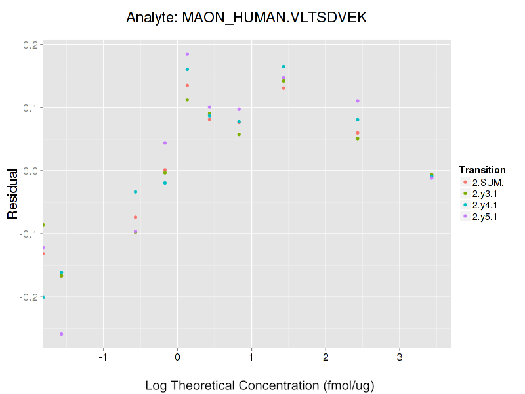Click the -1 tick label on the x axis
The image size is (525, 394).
click(x=102, y=358)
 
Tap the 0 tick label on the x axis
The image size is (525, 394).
click(x=177, y=358)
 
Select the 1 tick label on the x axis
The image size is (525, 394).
click(x=251, y=358)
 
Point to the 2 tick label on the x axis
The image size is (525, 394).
click(x=325, y=358)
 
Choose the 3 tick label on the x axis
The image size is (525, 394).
click(x=400, y=358)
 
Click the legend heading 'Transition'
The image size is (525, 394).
click(x=482, y=169)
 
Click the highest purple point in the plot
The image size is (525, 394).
click(x=187, y=54)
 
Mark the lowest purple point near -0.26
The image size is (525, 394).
click(x=62, y=334)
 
